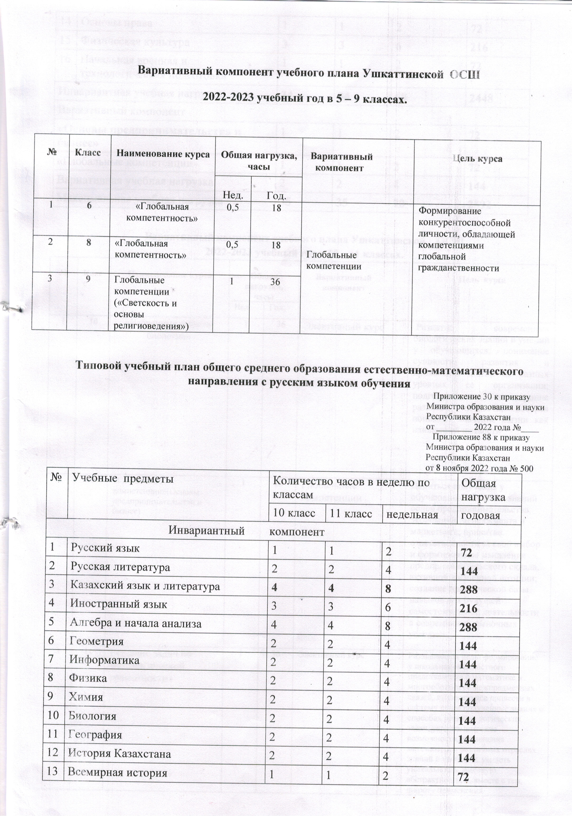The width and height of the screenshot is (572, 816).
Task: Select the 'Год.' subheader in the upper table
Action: (x=276, y=196)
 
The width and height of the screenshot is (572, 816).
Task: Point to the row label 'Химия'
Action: (x=86, y=697)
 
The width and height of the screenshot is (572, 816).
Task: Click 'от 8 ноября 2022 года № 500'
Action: (x=479, y=468)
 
